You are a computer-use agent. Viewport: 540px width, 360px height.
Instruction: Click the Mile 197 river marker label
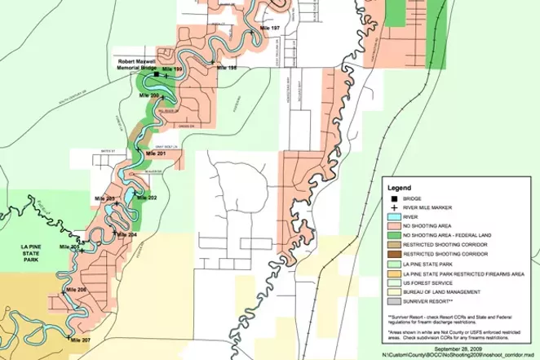pos(269,28)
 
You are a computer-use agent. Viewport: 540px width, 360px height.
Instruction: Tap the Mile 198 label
pos(226,68)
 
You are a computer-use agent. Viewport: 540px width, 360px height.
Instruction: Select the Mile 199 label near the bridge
pos(172,70)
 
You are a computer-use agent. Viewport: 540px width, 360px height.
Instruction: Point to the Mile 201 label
pos(156,153)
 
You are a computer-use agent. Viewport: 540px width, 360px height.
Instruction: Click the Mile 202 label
pos(147,198)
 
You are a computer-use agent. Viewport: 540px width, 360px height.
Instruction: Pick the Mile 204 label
pos(127,234)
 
